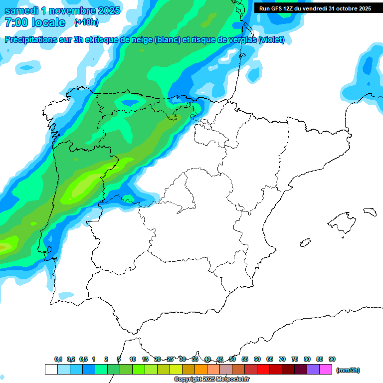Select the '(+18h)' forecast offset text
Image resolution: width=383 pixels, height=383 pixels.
pos(86,22)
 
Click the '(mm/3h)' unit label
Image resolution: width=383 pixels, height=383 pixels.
pos(348,370)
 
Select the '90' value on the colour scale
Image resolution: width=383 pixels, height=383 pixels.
pos(332,359)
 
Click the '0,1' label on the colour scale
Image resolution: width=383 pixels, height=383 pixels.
pos(58,359)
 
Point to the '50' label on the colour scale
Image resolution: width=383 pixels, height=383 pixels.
pos(232,359)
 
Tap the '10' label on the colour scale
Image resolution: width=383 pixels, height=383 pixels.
pos(133,359)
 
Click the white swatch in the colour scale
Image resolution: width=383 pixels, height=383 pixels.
pos(51,369)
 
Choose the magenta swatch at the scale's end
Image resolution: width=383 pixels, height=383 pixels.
pos(326,369)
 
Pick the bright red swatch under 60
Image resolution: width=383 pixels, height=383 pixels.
pos(263,369)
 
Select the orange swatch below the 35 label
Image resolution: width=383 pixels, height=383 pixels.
pos(201,369)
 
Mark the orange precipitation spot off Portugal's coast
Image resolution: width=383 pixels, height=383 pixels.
pos(4,246)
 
